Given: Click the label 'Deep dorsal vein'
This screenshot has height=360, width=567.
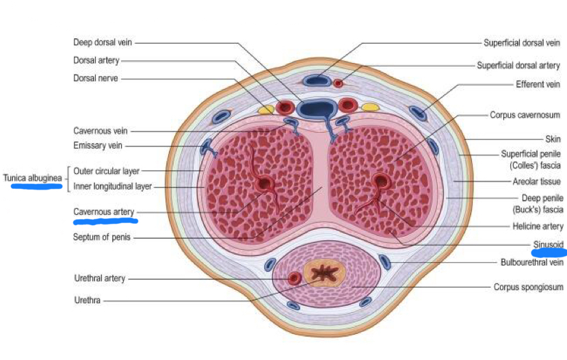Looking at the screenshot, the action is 103,42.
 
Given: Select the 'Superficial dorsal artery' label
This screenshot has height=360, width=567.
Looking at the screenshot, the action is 518,66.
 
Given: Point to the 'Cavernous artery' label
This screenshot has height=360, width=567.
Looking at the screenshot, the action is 104,212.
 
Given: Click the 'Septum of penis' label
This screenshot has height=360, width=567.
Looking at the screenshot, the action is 103,237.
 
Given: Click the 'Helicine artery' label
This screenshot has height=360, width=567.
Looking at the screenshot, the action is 538,226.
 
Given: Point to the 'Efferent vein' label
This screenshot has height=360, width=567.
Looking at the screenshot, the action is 538,85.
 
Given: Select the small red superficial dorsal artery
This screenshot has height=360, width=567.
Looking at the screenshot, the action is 338,83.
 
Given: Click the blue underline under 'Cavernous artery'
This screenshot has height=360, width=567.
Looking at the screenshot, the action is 105,221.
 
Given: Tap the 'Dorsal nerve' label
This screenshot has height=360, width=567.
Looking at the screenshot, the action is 96,79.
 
